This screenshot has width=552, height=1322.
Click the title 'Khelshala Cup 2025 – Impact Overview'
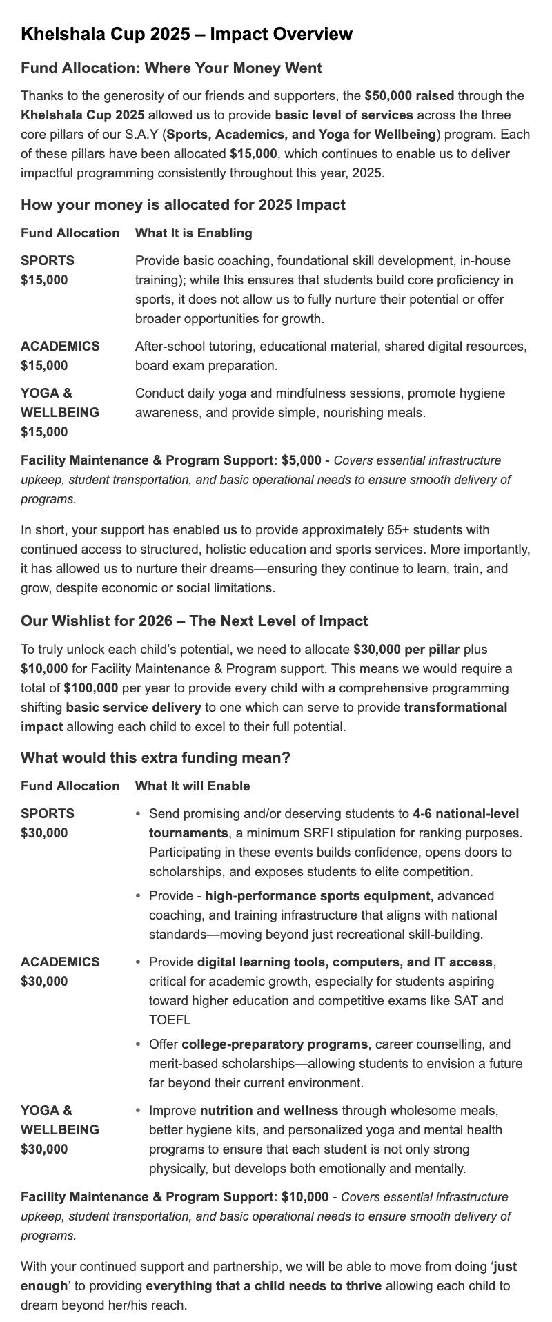pyautogui.click(x=186, y=34)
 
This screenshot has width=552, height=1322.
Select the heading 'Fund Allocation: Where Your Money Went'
pyautogui.click(x=171, y=68)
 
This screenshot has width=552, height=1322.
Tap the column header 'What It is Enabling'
pyautogui.click(x=193, y=233)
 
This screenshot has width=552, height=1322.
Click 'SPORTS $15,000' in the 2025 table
pyautogui.click(x=48, y=270)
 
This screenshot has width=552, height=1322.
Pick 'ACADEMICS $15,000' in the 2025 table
pyautogui.click(x=60, y=356)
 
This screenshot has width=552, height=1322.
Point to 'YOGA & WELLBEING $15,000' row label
pyautogui.click(x=60, y=412)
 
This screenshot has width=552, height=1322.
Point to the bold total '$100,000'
pyautogui.click(x=91, y=688)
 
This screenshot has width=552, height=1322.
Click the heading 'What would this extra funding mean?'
pyautogui.click(x=155, y=757)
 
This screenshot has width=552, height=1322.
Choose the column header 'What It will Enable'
pyautogui.click(x=193, y=786)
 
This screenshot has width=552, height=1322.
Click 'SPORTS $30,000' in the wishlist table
pyautogui.click(x=48, y=823)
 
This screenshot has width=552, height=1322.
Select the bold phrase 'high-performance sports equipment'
pyautogui.click(x=317, y=895)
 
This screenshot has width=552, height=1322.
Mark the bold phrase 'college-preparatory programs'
pyautogui.click(x=274, y=1044)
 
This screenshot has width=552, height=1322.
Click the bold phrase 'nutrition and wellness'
pyautogui.click(x=269, y=1110)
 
